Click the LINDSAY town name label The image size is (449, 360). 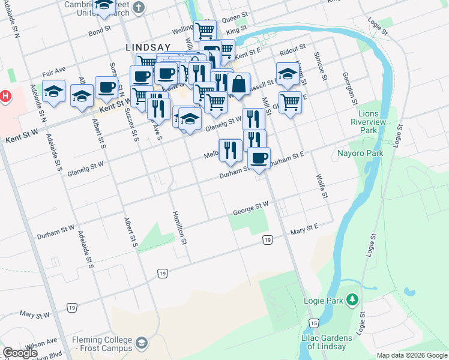point(148,46)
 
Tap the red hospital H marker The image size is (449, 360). point(5,96)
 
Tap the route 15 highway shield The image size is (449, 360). point(313,323)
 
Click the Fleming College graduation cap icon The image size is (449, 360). point(142,343)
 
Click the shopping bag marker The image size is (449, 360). point(239,85)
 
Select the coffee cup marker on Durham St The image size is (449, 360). point(259,158)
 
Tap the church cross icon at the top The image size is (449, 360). point(139,8)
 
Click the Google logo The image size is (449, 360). point(19,353)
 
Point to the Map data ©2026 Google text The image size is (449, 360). point(412,355)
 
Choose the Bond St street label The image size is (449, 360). point(100,29)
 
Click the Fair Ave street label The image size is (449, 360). point(54,73)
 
